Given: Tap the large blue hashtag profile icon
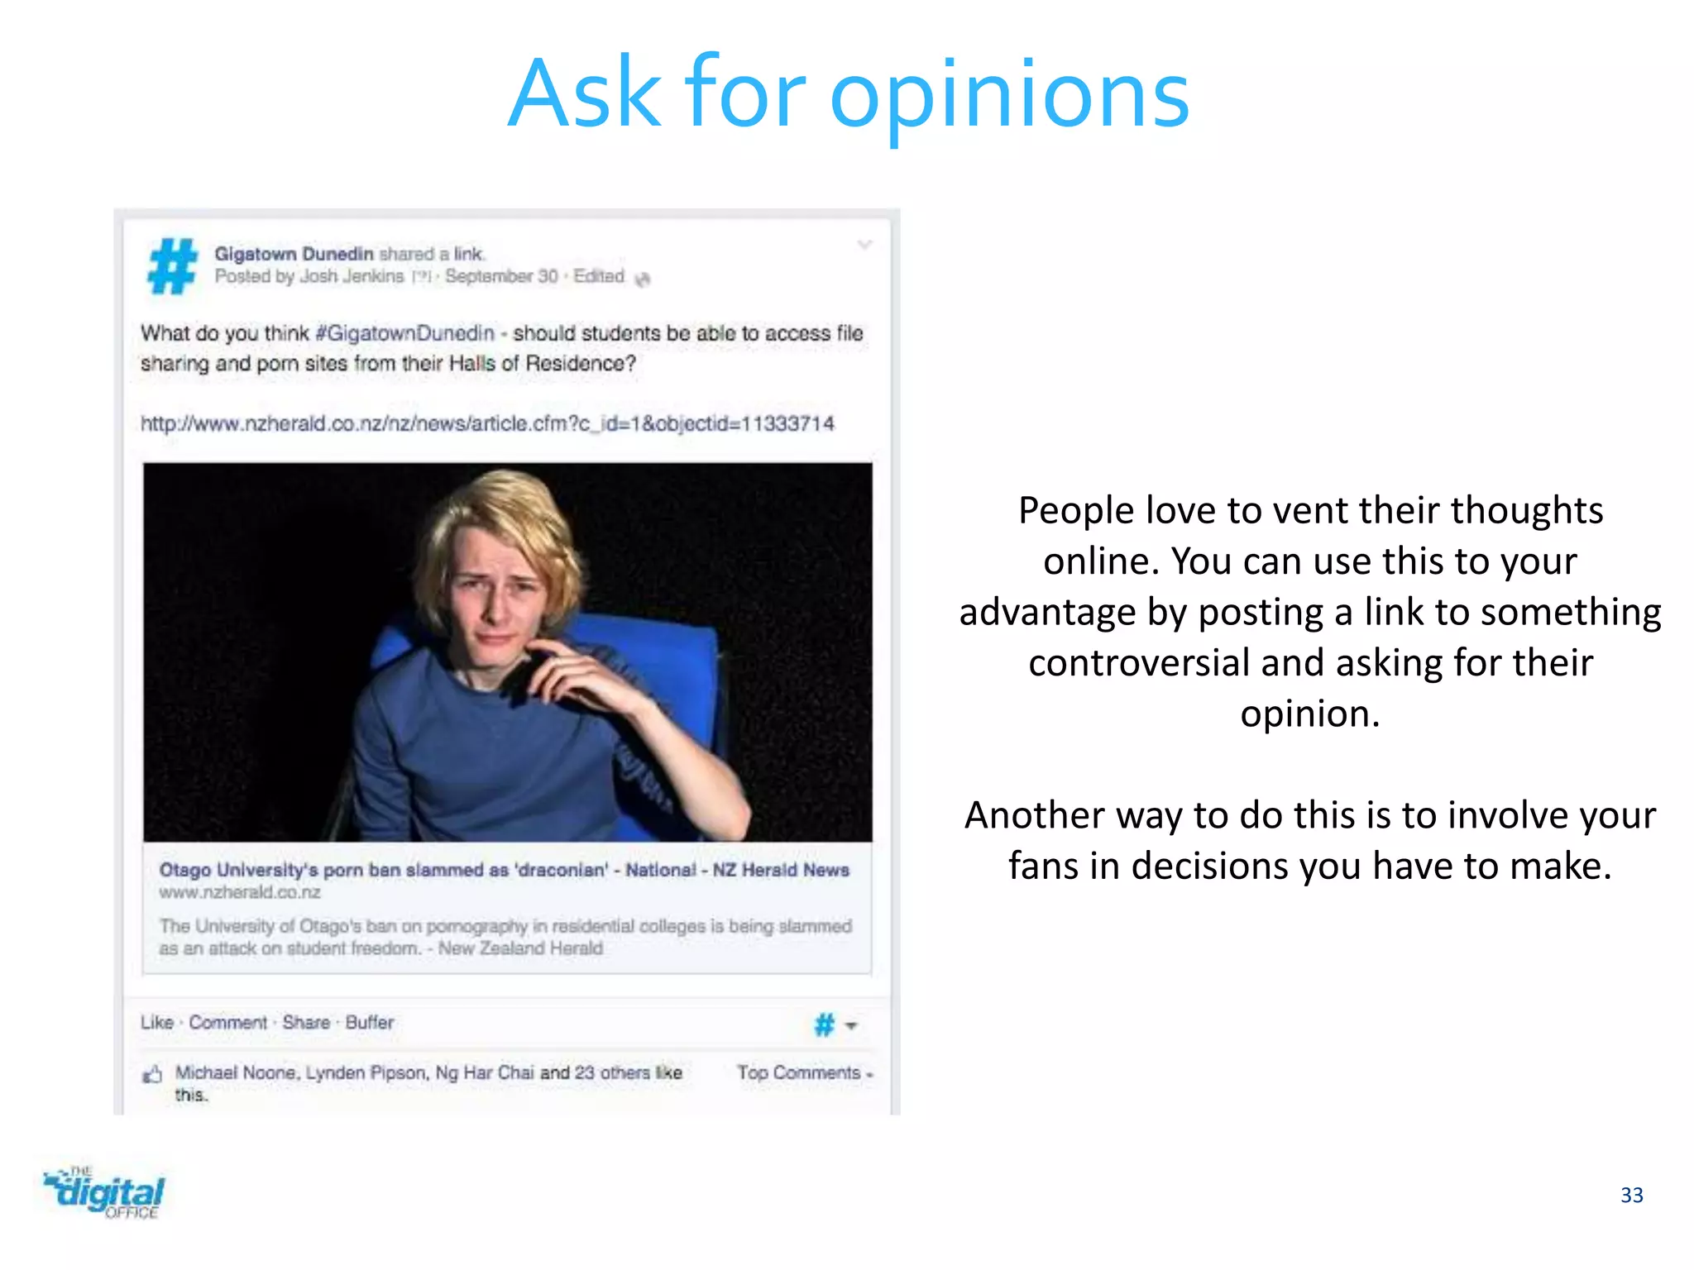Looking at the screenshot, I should point(173,265).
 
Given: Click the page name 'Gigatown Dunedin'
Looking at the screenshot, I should point(294,254).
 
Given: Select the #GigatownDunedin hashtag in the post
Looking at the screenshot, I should point(404,333).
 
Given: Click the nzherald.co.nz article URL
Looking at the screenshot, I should point(487,423).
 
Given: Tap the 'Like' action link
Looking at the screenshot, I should point(156,1023).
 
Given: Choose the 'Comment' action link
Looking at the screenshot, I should point(227,1023).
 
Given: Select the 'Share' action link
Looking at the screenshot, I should point(306,1023).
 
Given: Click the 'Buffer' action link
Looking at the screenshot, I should point(369,1023).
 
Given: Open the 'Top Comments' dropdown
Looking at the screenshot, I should point(804,1072).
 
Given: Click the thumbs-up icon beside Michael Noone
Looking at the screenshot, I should point(152,1075).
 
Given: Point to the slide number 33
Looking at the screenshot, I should point(1631,1195).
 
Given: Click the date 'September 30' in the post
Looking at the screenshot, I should point(501,276).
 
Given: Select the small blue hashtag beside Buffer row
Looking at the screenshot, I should point(825,1025).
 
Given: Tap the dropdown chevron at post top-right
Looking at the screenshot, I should point(864,245).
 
